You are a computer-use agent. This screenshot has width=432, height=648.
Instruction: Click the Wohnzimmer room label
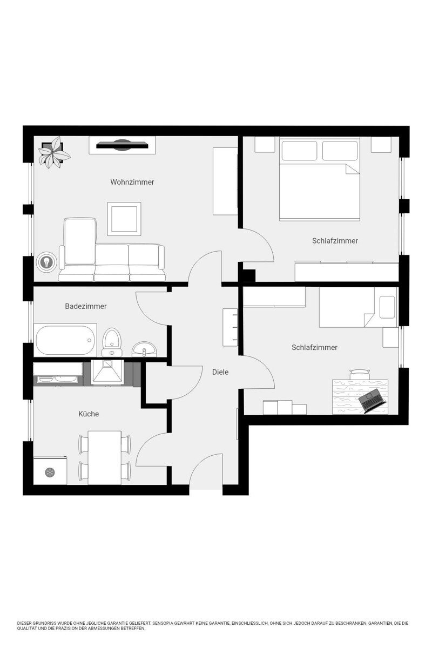point(132,183)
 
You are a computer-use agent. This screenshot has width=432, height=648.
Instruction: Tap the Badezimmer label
point(86,306)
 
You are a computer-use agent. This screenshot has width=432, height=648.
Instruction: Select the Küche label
point(89,414)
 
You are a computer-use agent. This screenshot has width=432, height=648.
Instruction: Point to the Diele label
point(220,372)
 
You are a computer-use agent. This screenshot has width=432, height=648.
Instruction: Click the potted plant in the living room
point(54,152)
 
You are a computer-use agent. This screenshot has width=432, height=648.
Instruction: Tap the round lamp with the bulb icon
point(46,262)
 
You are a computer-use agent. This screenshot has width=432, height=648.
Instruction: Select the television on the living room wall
point(122,145)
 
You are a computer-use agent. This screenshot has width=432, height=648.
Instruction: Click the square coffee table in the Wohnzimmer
point(124,219)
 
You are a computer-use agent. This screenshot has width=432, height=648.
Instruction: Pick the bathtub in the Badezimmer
point(65,341)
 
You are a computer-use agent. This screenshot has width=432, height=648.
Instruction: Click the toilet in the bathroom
point(112,342)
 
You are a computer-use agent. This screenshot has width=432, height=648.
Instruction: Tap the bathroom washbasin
point(144,350)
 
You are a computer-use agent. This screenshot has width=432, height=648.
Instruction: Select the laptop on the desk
point(372,400)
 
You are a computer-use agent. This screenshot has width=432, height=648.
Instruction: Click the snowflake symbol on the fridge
point(50,473)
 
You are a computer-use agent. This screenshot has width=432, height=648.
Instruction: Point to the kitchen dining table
point(104,458)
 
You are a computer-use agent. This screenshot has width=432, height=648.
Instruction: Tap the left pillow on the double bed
point(299,151)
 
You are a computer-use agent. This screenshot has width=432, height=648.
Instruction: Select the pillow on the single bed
point(387,307)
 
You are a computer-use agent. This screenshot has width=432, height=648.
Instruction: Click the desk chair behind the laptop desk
point(360,375)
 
